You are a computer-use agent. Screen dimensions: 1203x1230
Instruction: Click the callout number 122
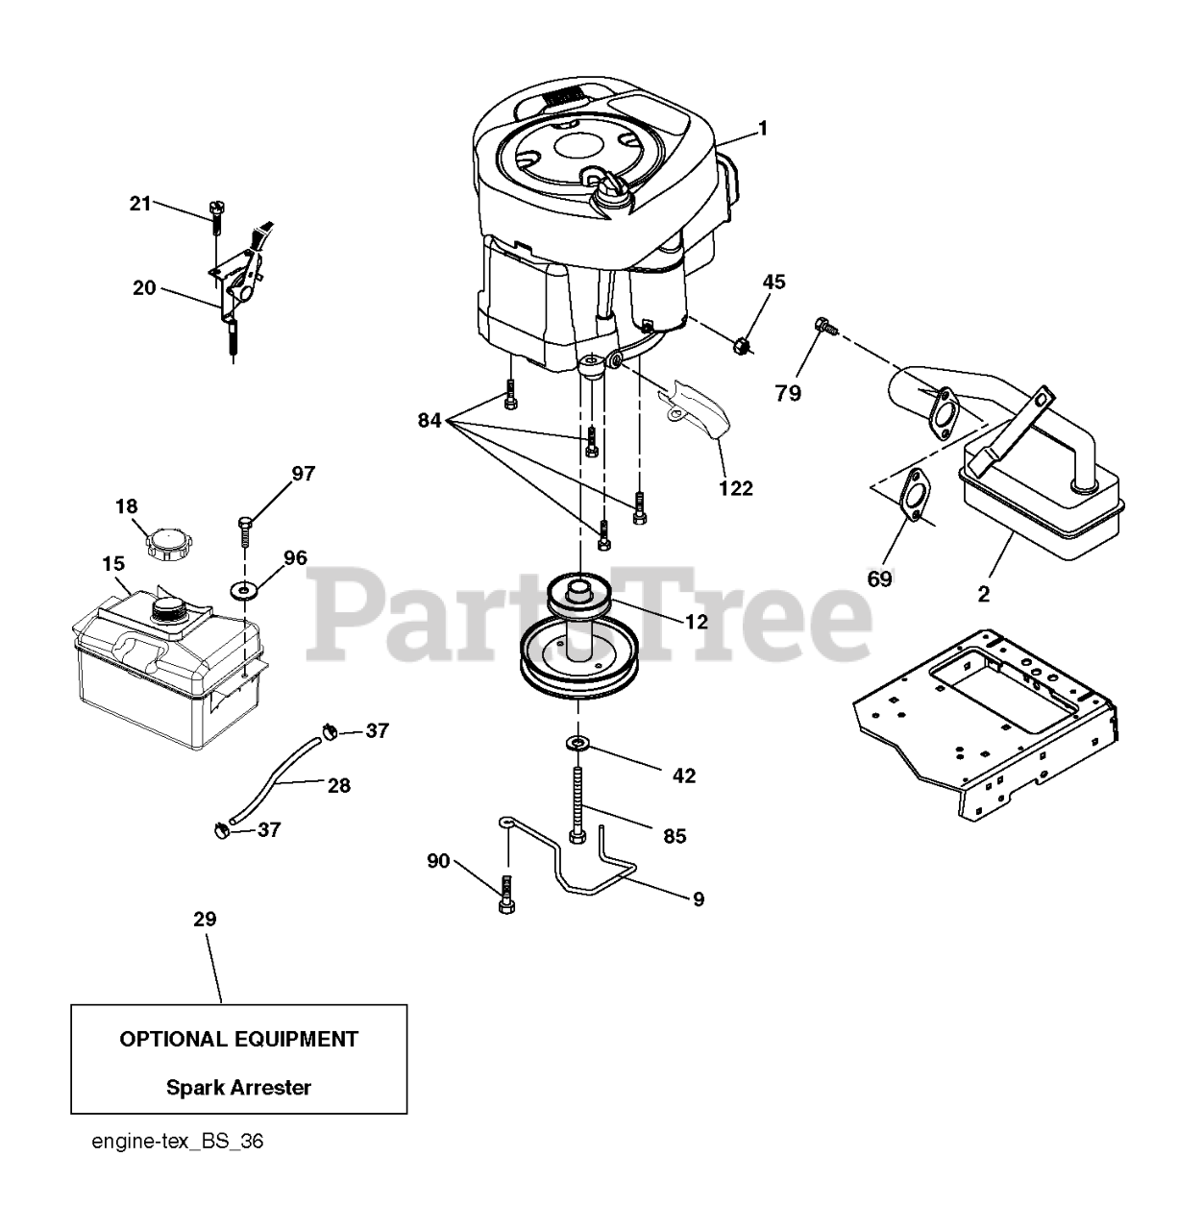[735, 488]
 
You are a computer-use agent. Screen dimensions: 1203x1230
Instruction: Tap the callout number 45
[773, 282]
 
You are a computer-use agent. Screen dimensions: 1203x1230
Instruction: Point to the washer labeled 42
[578, 742]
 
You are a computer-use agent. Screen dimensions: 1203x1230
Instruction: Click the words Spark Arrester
[238, 1088]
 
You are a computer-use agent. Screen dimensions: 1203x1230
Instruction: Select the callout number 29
[205, 919]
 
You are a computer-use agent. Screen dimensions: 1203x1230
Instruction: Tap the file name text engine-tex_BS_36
[178, 1142]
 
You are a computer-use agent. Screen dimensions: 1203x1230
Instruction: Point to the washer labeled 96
[243, 588]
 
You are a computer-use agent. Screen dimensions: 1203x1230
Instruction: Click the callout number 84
[430, 420]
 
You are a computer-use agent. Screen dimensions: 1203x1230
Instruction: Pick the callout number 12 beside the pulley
[696, 621]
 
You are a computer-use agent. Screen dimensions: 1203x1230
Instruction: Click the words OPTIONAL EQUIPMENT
[238, 1039]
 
